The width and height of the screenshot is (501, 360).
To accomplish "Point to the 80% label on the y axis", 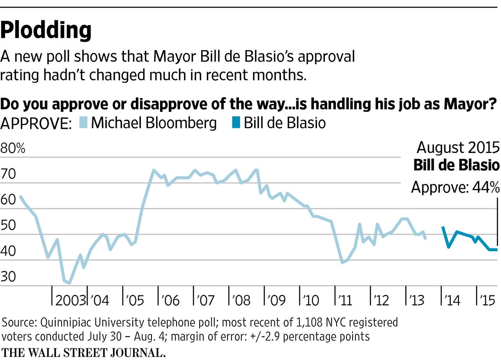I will [x=13, y=149].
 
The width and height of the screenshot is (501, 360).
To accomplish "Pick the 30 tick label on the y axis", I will [x=9, y=277].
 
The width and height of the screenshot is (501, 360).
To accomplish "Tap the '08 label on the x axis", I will [x=241, y=301].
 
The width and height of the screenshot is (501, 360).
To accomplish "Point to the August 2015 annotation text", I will [x=458, y=148].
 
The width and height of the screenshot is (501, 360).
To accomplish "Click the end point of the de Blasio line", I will [x=497, y=250].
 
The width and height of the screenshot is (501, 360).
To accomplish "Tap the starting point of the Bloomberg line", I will [x=20, y=196].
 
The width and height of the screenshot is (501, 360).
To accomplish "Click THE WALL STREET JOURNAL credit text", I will [x=83, y=352].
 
